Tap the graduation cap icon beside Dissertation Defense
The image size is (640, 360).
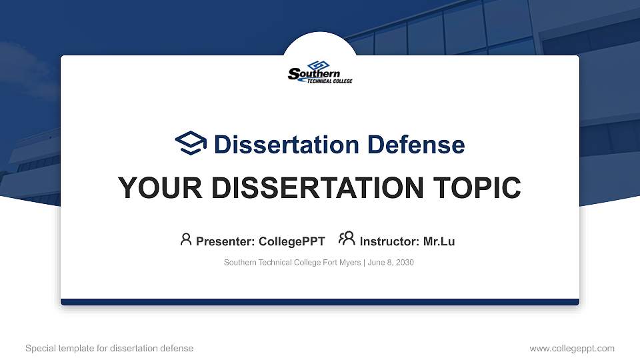point(191,143)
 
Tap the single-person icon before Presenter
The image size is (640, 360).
point(186,239)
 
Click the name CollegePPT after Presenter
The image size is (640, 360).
point(291,241)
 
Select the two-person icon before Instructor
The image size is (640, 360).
point(347,239)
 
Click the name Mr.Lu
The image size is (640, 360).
point(439,241)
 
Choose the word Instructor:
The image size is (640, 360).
point(389,241)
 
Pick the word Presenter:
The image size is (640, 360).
point(225,241)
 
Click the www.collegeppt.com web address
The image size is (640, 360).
point(571,348)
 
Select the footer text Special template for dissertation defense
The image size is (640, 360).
point(109,348)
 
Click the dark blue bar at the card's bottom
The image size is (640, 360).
point(320,302)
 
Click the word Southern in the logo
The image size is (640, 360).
point(315,74)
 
